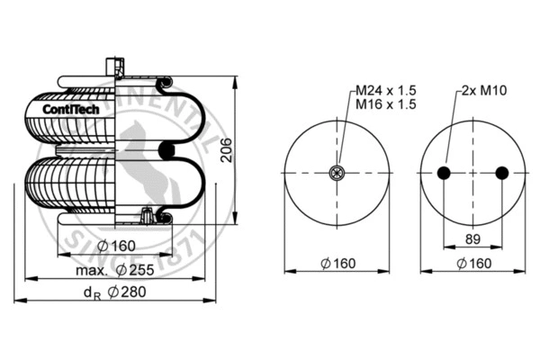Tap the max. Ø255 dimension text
tap(116, 269)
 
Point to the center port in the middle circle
tap(338, 174)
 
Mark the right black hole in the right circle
tap(501, 174)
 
